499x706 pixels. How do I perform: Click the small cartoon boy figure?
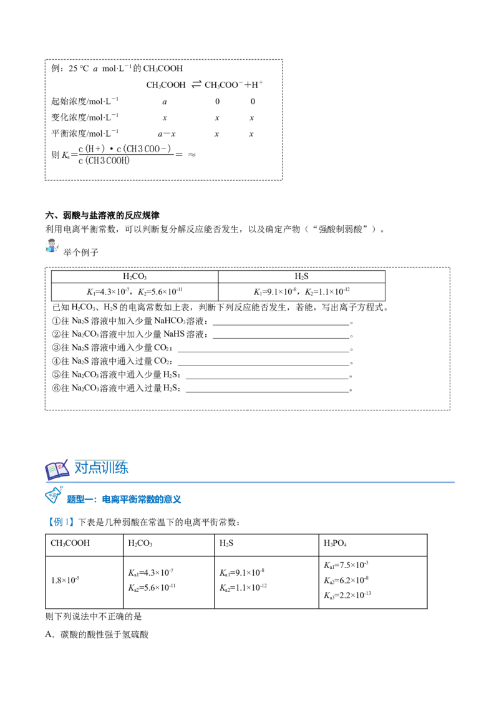click(x=52, y=244)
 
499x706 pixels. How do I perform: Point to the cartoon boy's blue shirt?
click(x=53, y=248)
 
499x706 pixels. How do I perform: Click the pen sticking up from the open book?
click(x=66, y=460)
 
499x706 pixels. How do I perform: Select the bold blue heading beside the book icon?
click(x=102, y=467)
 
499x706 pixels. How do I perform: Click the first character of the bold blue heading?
click(x=79, y=467)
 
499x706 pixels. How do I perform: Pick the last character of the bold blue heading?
click(x=124, y=467)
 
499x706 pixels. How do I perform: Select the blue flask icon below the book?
click(x=52, y=496)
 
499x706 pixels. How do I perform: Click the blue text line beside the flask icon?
click(x=125, y=499)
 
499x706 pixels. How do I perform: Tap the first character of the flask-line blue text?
click(x=71, y=499)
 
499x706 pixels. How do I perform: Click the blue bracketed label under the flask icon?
click(x=61, y=521)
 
